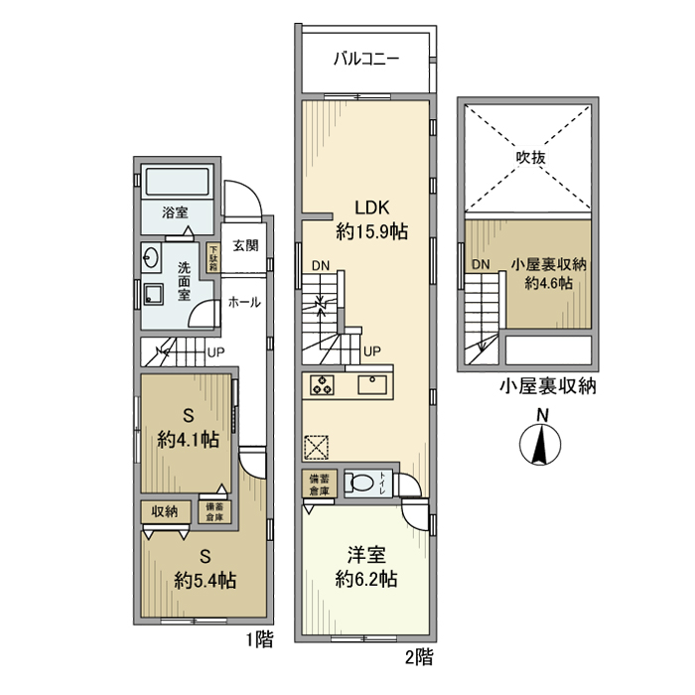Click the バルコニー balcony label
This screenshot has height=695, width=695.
pyautogui.click(x=365, y=59)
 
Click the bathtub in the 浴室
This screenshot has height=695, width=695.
pyautogui.click(x=178, y=184)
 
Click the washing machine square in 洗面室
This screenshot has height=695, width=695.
pyautogui.click(x=154, y=294)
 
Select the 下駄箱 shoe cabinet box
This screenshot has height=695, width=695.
pyautogui.click(x=212, y=257)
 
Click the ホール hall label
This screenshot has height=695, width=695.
pyautogui.click(x=244, y=302)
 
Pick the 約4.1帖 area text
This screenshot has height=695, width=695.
pyautogui.click(x=188, y=441)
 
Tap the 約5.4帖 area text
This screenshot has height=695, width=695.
pyautogui.click(x=205, y=580)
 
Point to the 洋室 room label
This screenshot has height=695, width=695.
pyautogui.click(x=366, y=554)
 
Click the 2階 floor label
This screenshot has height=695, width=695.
pyautogui.click(x=419, y=656)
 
